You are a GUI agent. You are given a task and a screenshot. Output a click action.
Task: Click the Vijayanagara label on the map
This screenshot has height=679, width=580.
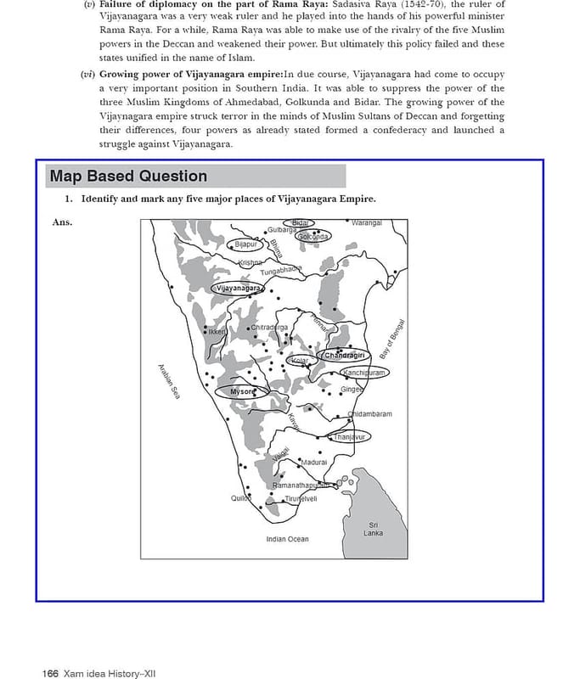click(239, 288)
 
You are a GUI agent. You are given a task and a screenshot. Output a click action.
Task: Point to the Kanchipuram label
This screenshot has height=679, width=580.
click(364, 373)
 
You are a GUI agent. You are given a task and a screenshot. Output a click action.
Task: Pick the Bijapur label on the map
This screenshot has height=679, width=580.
click(245, 244)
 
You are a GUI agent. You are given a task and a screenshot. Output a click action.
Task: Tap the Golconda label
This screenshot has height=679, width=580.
click(313, 237)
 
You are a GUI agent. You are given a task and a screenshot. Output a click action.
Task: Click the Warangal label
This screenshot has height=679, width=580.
click(367, 222)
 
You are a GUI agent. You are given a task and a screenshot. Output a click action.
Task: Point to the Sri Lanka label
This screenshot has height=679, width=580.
click(373, 529)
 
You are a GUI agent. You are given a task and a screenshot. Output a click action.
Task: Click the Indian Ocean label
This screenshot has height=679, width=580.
click(287, 539)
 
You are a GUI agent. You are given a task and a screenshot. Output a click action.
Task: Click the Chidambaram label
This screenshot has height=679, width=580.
click(371, 414)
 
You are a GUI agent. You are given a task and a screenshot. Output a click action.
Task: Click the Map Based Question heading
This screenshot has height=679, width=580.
click(128, 177)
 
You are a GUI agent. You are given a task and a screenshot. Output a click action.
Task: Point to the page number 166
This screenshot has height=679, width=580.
click(50, 673)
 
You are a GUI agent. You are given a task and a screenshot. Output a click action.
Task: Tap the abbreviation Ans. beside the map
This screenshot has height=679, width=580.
click(62, 223)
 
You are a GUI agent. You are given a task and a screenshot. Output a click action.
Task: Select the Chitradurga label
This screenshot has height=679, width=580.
click(270, 328)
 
